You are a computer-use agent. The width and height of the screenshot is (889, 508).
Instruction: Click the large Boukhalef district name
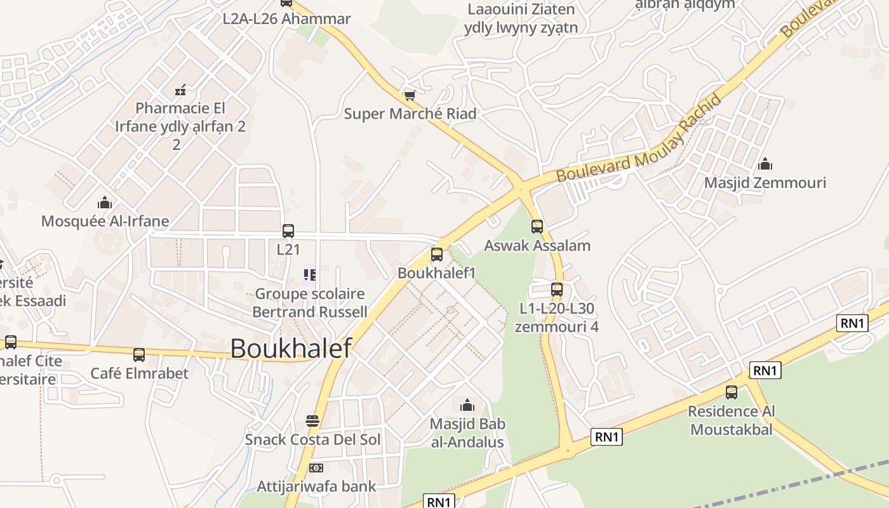291,349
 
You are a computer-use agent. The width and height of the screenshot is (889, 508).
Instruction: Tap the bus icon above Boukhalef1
437,255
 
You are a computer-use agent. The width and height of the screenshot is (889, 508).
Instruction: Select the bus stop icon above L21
288,231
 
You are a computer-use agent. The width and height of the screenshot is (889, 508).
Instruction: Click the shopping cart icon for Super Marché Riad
410,96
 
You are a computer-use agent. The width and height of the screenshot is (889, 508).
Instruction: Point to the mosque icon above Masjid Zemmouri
765,164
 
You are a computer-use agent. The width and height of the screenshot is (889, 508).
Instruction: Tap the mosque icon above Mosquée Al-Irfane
105,203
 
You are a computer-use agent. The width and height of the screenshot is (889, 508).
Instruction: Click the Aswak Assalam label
537,246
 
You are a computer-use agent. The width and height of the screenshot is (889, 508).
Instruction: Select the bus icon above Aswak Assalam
537,227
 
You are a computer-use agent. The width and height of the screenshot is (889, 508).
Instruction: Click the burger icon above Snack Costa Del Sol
312,420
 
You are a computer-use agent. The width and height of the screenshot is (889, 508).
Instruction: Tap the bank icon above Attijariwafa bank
316,468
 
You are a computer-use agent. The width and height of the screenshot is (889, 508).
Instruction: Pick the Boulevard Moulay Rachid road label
640,140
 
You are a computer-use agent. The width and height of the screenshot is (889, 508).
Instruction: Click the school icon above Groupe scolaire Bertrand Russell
310,275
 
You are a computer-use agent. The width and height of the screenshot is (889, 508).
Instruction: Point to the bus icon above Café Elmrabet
139,355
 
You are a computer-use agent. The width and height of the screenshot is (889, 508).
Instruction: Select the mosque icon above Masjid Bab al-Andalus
467,404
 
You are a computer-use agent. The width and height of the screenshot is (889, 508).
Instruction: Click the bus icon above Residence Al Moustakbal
732,392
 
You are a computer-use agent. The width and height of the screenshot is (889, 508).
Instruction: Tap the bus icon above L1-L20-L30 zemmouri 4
557,290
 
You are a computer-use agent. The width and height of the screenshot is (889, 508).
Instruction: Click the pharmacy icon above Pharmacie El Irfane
180,90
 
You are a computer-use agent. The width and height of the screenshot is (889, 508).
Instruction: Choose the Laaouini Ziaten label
521,10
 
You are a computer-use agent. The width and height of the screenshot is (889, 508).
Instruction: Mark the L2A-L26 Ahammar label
286,19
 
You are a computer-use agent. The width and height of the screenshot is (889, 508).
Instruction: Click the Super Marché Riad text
410,114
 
